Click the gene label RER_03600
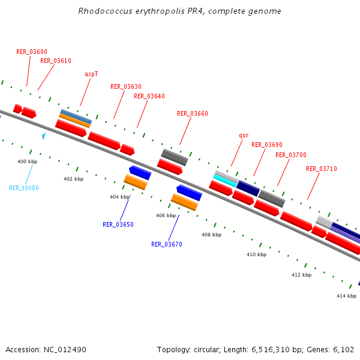(x=32, y=52)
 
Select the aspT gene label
(x=91, y=74)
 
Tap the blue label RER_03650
(x=118, y=224)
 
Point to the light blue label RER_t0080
(x=24, y=188)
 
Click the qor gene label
(x=244, y=136)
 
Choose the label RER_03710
(x=322, y=169)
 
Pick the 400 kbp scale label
(x=27, y=161)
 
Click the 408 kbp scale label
(x=211, y=235)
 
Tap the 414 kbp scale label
(x=346, y=296)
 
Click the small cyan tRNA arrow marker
(x=44, y=136)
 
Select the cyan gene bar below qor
(x=226, y=179)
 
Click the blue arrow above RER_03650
(x=140, y=173)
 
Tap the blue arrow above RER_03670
(x=189, y=193)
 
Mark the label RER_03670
(x=167, y=244)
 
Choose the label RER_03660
(x=193, y=113)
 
